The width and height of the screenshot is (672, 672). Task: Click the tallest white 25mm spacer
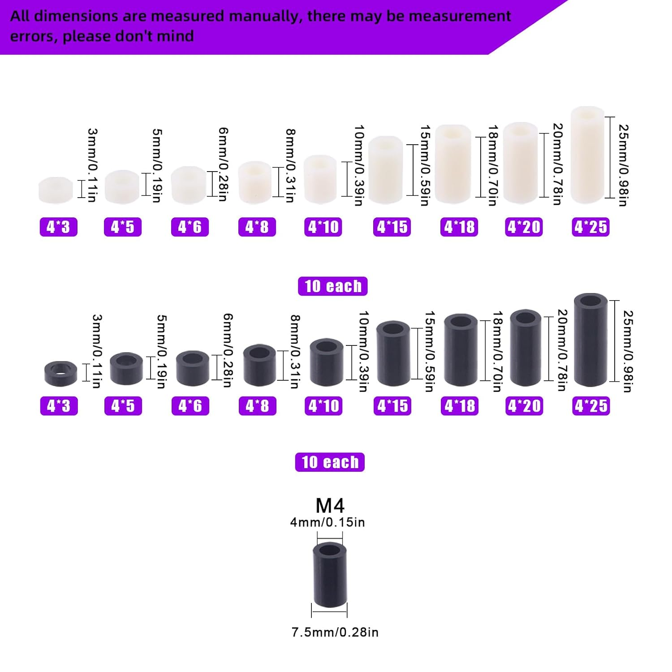pos(587,155)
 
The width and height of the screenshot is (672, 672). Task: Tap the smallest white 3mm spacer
pos(56,190)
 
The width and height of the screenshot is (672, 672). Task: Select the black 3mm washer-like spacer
pos(61,373)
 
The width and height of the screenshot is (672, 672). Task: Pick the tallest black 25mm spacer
pos(591,340)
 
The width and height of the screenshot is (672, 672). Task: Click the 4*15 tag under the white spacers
pos(392,227)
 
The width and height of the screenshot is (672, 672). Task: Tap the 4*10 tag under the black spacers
pos(323,406)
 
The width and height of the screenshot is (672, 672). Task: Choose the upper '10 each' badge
pos(333,286)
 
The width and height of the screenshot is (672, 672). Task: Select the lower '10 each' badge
pos(330,462)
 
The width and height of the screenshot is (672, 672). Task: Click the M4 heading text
pos(330,505)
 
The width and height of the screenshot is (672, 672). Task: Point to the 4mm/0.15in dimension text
pos(327,522)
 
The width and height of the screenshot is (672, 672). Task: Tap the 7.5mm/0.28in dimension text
pos(335,632)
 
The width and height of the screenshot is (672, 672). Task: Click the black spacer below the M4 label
pos(330,575)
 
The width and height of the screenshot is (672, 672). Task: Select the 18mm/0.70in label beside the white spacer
pos(493,165)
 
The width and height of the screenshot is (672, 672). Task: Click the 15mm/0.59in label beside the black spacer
pos(430,351)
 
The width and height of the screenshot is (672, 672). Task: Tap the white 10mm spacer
pos(320,179)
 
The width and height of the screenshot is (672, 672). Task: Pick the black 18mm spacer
pos(461,350)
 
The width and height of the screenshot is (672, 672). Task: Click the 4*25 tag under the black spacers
pos(591,406)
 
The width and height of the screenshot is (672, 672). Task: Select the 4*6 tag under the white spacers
pos(190,227)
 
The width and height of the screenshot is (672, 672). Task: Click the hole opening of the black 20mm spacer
pos(526,318)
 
